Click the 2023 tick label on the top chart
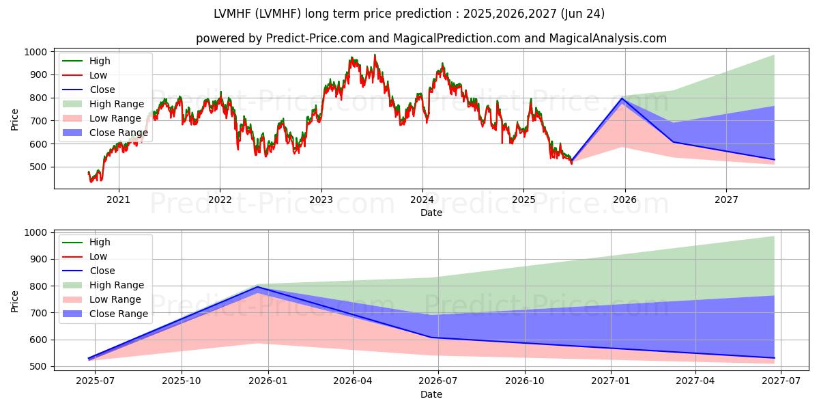click(321, 200)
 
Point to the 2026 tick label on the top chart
click(625, 200)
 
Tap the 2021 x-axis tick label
click(119, 200)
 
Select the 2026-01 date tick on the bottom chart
click(268, 381)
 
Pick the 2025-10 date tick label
click(182, 381)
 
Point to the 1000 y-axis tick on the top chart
click(35, 52)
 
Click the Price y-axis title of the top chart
click(14, 120)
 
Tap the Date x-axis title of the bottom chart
click(431, 394)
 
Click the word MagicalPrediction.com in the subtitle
click(457, 38)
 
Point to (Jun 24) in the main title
click(582, 14)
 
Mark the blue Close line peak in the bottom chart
click(259, 287)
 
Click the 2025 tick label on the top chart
click(523, 200)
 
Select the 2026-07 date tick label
click(438, 381)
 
